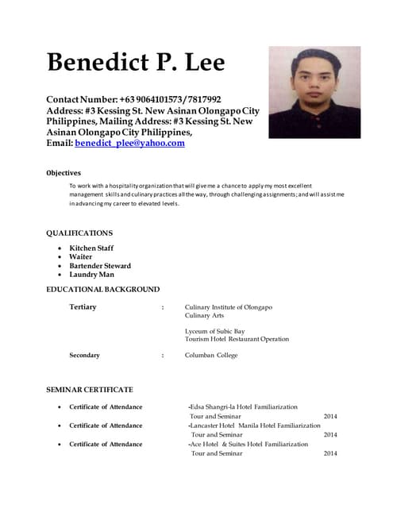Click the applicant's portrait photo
click(314, 81)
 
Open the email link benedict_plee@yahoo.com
click(130, 144)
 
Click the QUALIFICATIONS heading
click(79, 233)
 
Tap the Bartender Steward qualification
click(100, 266)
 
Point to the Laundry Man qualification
click(92, 275)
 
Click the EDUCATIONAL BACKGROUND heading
click(103, 290)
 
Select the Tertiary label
click(83, 307)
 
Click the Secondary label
click(85, 356)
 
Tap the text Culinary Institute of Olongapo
click(228, 307)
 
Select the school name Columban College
click(211, 356)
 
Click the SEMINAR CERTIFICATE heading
click(90, 390)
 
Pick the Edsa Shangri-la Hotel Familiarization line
click(243, 406)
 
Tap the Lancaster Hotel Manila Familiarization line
click(254, 425)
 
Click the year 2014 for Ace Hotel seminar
click(330, 453)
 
